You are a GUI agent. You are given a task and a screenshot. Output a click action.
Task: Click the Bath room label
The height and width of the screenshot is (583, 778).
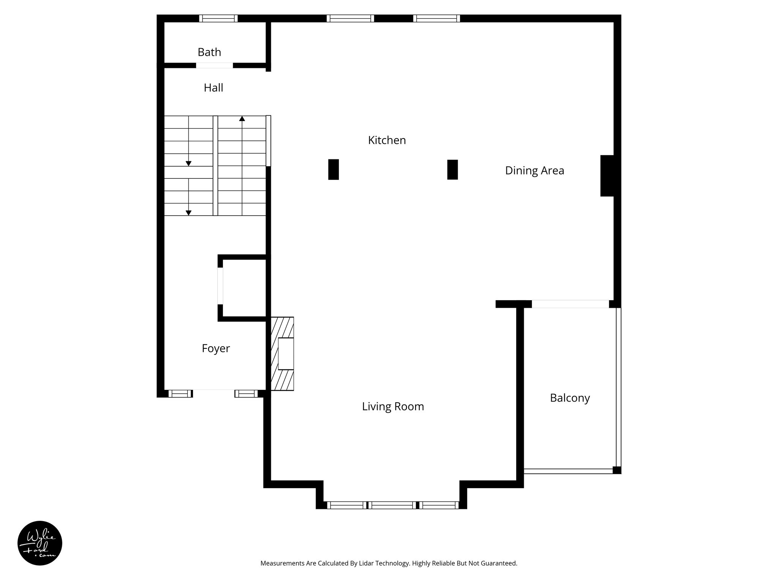209,52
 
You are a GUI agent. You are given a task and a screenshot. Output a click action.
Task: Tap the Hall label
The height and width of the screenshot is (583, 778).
213,88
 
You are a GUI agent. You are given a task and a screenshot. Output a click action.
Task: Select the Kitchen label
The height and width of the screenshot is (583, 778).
387,140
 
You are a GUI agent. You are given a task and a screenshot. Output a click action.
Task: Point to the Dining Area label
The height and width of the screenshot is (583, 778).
534,171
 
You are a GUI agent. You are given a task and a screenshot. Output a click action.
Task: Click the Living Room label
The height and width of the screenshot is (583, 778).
393,407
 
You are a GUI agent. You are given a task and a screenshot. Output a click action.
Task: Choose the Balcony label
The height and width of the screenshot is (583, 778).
570,398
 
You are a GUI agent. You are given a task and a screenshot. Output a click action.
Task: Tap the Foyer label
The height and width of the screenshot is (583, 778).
215,348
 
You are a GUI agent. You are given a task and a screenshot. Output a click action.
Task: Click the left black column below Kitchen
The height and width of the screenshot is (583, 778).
333,169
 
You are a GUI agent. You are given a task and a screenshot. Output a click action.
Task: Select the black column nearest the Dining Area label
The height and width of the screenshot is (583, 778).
452,169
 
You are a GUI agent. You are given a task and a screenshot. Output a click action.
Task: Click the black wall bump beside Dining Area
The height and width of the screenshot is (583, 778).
607,176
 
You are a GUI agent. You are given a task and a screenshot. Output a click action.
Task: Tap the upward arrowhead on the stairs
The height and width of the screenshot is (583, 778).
242,119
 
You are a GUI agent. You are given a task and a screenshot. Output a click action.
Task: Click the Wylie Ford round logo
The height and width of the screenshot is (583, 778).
40,543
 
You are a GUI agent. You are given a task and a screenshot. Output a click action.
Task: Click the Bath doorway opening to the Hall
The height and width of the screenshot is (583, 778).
214,65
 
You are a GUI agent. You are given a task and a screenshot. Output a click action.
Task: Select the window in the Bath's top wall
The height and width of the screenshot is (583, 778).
218,18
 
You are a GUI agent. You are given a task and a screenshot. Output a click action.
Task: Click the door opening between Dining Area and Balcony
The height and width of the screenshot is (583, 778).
570,304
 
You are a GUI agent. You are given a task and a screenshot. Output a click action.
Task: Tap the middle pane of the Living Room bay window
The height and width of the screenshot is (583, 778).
392,505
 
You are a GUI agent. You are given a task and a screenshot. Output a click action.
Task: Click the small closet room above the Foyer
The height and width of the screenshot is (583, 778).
244,288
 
